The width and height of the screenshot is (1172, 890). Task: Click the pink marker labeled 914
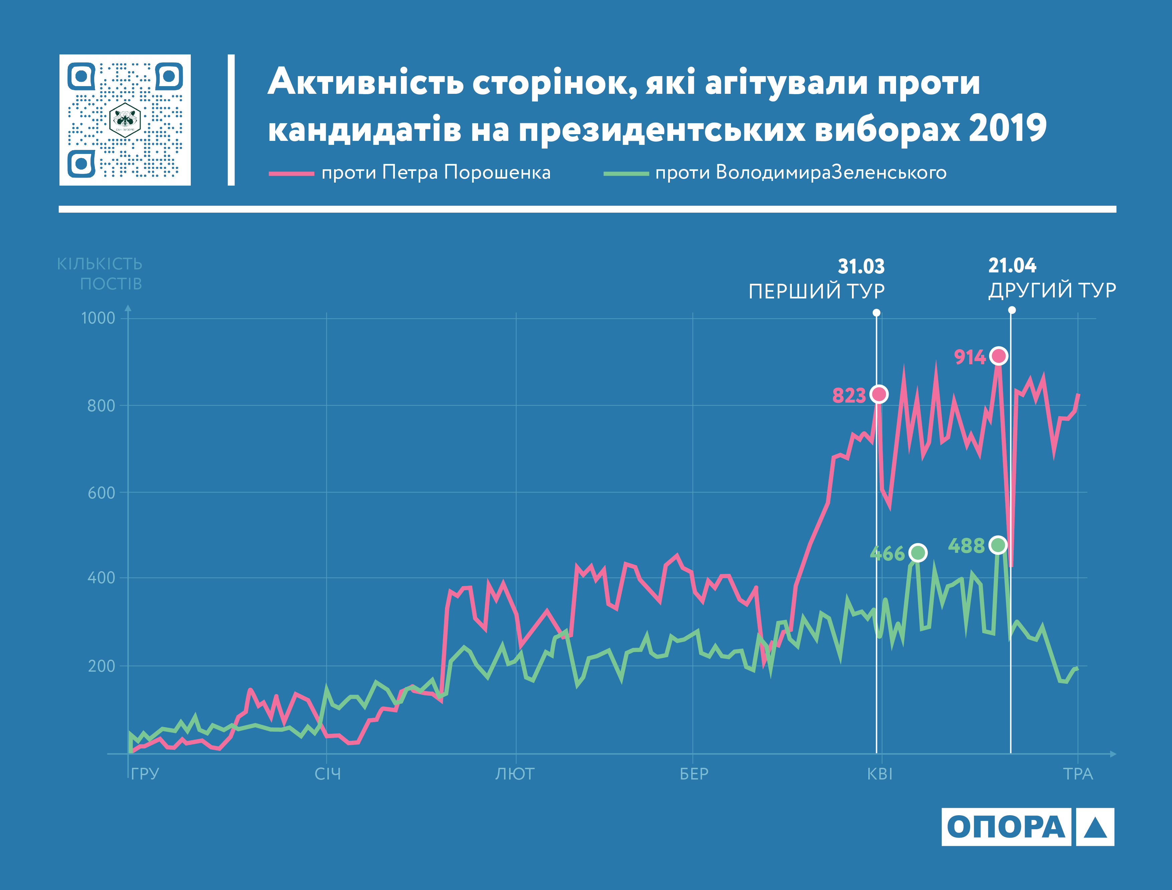pyautogui.click(x=998, y=356)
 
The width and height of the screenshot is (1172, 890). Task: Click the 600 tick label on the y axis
pyautogui.click(x=101, y=493)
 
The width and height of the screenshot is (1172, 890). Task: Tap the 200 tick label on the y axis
pyautogui.click(x=101, y=666)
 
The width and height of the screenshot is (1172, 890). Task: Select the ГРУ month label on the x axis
pyautogui.click(x=145, y=774)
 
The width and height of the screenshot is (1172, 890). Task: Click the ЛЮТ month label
pyautogui.click(x=515, y=774)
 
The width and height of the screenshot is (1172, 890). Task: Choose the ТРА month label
pyautogui.click(x=1078, y=774)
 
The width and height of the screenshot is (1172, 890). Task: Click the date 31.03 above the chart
pyautogui.click(x=861, y=266)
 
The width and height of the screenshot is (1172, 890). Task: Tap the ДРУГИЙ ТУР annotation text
pyautogui.click(x=1052, y=290)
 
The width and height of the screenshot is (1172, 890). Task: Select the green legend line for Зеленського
pyautogui.click(x=626, y=173)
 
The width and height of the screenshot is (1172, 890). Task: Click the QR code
pyautogui.click(x=125, y=120)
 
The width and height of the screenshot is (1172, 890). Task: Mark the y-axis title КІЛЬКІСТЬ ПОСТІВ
pyautogui.click(x=100, y=274)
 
